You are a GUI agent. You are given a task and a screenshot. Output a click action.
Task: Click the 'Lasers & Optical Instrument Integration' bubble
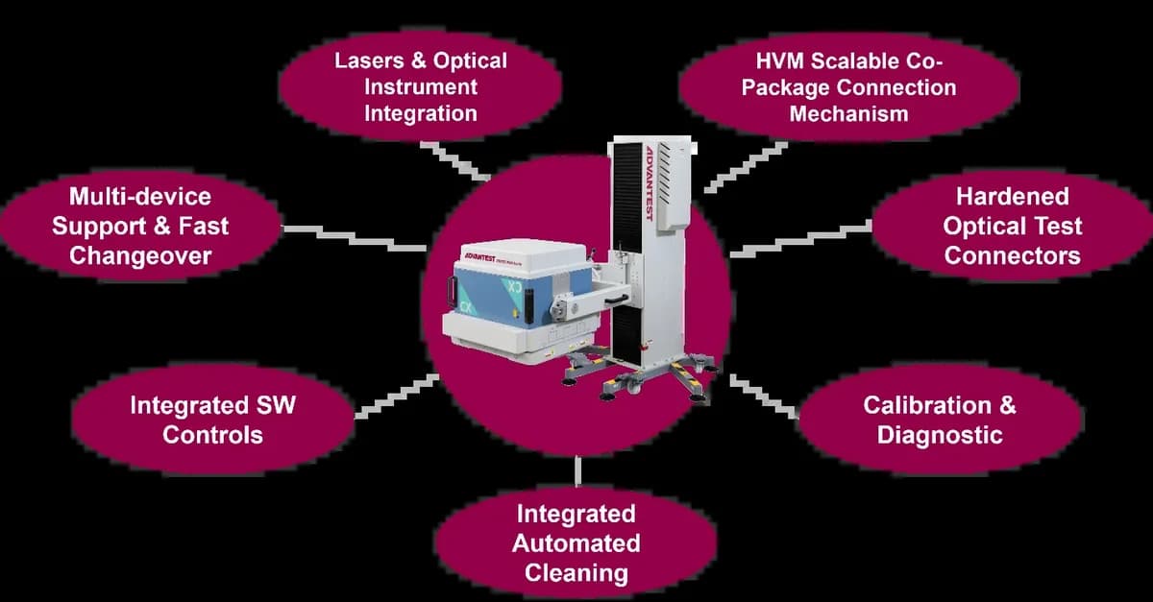coord(420,86)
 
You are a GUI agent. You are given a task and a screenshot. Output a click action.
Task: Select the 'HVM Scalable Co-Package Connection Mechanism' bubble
coord(848,87)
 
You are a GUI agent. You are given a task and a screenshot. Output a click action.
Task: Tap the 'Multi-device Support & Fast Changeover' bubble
coord(140,227)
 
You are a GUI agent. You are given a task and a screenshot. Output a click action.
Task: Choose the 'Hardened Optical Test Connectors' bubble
coord(1012,227)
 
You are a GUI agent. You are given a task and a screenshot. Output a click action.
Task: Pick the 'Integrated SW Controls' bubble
coord(212,420)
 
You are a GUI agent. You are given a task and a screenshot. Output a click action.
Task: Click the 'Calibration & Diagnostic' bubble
coord(940,420)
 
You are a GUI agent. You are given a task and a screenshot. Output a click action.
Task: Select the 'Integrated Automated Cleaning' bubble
coord(576,543)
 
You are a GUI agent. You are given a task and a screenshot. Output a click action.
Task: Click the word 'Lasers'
coord(369,60)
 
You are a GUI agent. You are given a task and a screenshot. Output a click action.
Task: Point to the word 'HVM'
coord(779,61)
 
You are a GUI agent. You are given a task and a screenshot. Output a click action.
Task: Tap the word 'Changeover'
coord(140,256)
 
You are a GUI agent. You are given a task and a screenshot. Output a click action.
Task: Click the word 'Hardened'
coord(1013,197)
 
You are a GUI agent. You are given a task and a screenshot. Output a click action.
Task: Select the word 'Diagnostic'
coord(940,435)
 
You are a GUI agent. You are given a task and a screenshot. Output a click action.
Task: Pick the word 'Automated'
coord(576,543)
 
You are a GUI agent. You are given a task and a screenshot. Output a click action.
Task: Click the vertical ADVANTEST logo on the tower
coord(650,183)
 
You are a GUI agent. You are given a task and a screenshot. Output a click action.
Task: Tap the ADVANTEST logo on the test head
coord(479,257)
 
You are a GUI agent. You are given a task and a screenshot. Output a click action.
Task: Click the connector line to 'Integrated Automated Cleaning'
coord(578,470)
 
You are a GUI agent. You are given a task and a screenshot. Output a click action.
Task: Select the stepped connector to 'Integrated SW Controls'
coord(397,397)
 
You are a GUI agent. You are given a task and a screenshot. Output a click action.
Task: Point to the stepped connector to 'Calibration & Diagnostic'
coord(764,397)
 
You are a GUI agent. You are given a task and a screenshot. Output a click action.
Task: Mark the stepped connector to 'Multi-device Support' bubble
coord(355,239)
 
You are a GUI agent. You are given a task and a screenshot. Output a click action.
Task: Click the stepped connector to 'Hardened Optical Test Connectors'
coord(801,239)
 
